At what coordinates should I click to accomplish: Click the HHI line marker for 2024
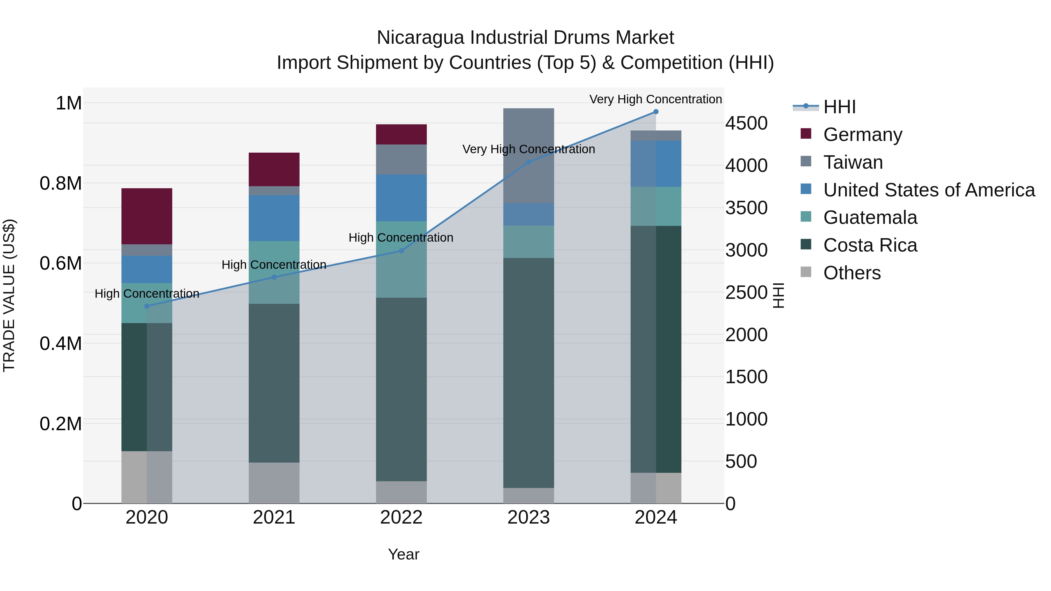coord(656,112)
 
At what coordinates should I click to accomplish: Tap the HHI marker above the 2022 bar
coord(401,251)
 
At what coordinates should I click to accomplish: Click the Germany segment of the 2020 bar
coord(147,216)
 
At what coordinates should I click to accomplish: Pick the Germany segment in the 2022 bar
coord(401,134)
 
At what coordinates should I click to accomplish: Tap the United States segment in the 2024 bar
coord(656,163)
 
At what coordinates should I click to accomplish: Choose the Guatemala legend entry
coord(870,217)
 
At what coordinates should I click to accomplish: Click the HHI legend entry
coord(839,107)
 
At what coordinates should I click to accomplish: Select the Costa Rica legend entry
coord(870,245)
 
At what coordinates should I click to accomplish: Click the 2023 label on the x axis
coord(528,517)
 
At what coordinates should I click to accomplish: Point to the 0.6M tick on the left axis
coord(61,264)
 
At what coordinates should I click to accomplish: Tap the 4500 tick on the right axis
coord(746,123)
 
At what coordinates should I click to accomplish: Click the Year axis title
coord(403,554)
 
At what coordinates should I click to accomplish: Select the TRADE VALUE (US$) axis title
coord(9,295)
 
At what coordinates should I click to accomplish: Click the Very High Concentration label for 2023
coord(528,149)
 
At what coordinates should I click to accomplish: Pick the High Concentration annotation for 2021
coord(274,265)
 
